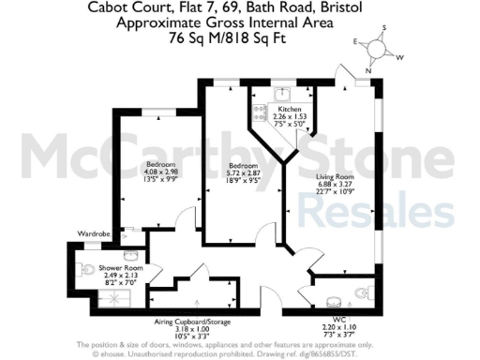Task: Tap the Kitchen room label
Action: click(x=289, y=109)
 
